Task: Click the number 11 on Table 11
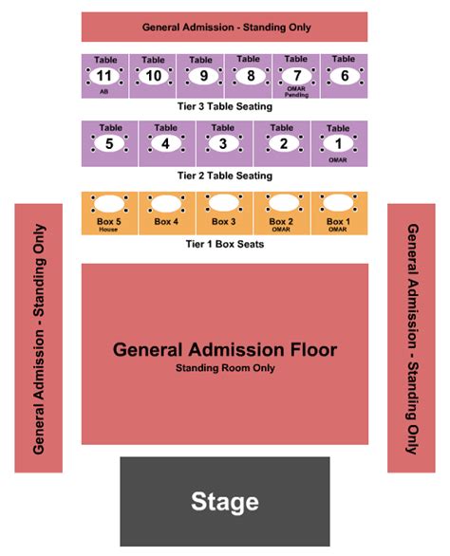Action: tap(105, 76)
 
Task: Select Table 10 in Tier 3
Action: tap(153, 76)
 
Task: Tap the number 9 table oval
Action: tap(200, 76)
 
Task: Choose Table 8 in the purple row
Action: tap(249, 76)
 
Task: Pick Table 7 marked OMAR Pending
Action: tap(296, 76)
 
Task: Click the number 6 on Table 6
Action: tap(344, 76)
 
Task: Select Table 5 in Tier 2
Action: tap(110, 144)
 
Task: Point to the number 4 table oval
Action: tap(166, 144)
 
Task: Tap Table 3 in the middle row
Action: tap(223, 144)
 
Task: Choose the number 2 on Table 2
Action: tap(282, 144)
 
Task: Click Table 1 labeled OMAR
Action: tap(338, 144)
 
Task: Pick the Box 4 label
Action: tap(166, 222)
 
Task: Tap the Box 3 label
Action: tap(223, 222)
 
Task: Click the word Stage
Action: tap(224, 501)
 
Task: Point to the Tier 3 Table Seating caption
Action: tap(225, 106)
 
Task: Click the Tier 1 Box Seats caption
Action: tap(225, 244)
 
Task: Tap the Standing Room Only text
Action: tap(225, 367)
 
